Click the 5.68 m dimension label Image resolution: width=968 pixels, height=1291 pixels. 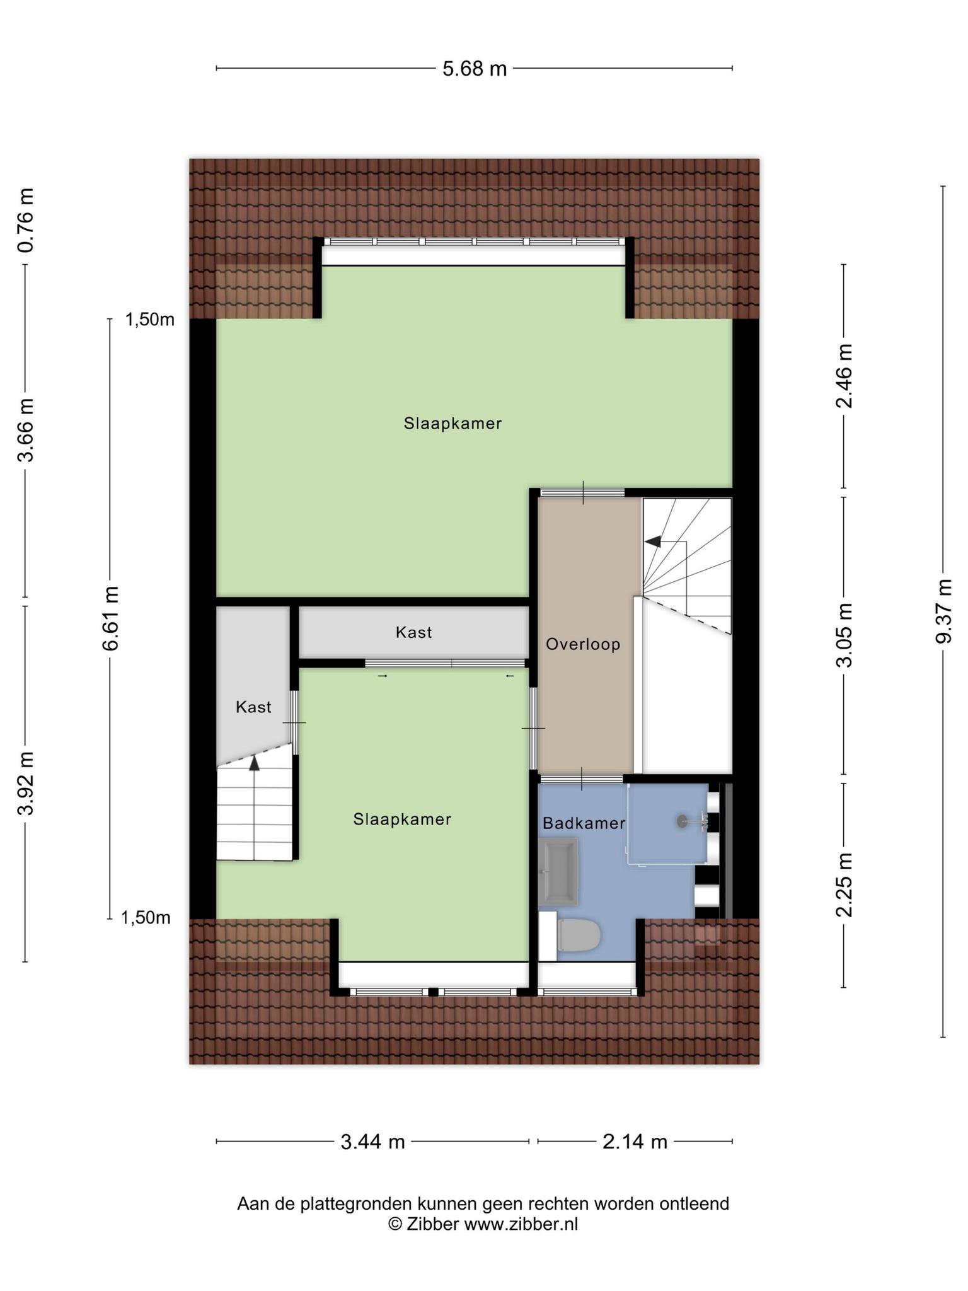click(475, 68)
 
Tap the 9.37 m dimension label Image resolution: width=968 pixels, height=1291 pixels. click(943, 611)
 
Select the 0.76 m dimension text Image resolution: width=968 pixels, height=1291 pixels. click(25, 220)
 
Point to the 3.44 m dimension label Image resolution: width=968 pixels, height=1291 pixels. click(372, 1141)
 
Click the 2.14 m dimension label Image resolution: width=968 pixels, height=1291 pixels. click(635, 1141)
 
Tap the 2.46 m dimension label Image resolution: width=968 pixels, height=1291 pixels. click(844, 376)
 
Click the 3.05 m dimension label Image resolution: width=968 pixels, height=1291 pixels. click(844, 635)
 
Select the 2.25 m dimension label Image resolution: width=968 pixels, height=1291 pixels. click(844, 884)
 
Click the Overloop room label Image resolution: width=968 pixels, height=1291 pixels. click(583, 644)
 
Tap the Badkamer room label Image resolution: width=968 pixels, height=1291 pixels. click(584, 823)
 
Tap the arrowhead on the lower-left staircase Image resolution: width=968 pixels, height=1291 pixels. click(254, 763)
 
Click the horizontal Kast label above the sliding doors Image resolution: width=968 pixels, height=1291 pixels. click(414, 632)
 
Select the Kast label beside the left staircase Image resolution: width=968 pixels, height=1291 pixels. click(253, 707)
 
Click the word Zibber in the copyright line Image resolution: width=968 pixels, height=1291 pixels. click(433, 1224)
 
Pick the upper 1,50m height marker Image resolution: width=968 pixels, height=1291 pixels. click(150, 320)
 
